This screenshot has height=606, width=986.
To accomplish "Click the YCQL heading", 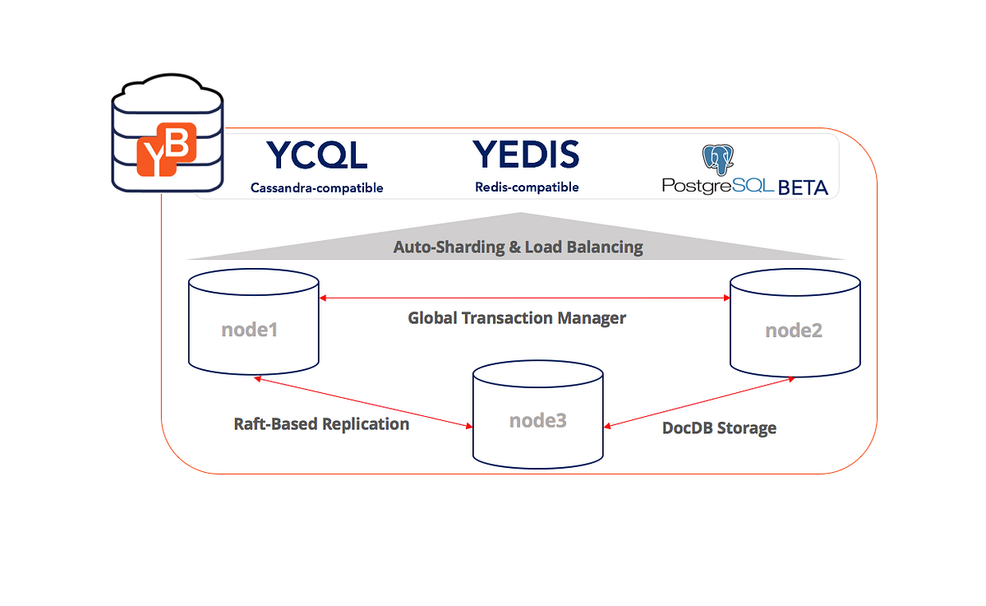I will tap(316, 155).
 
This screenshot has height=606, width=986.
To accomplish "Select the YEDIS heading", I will tap(526, 155).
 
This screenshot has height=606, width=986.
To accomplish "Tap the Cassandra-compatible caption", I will tap(316, 188).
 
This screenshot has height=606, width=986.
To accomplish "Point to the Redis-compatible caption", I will tap(527, 187).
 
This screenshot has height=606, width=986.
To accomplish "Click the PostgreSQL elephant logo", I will tap(717, 160).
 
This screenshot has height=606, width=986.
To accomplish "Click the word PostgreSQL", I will tap(717, 186).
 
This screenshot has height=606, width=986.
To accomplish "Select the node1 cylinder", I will tap(253, 322).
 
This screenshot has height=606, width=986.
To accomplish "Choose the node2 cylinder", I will tap(795, 322).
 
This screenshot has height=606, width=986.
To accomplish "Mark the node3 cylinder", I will tap(537, 414).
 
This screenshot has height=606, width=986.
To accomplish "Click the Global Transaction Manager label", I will tap(517, 317).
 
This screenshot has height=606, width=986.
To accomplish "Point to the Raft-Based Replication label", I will tap(321, 424).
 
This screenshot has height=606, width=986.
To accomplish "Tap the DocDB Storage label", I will tap(719, 428).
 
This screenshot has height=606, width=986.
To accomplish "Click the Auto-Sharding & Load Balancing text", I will tap(518, 247).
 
